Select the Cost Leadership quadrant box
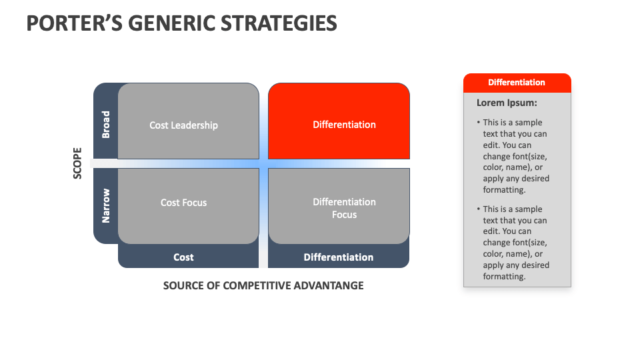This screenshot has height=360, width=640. click(x=188, y=121)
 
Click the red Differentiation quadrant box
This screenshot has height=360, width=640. click(x=339, y=121)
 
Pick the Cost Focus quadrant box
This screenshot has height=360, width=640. click(x=188, y=205)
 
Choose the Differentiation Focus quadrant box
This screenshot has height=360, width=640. click(x=339, y=205)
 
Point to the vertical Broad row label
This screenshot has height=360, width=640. click(x=105, y=125)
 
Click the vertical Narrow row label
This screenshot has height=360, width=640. click(x=105, y=205)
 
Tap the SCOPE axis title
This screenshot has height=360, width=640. click(x=77, y=163)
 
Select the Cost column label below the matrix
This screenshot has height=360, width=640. click(x=183, y=257)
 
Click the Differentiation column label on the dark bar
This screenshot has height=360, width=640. click(x=339, y=257)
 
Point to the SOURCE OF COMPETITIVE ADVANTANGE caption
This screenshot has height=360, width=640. click(x=263, y=285)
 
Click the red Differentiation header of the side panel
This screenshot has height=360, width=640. click(x=517, y=83)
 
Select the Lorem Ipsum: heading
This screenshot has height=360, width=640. click(x=507, y=103)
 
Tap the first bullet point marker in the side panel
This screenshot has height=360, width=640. click(x=479, y=123)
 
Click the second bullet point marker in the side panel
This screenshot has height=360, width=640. click(x=479, y=209)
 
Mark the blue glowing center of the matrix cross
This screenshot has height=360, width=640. click(x=263, y=163)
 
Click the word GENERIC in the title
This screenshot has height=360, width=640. click(x=175, y=23)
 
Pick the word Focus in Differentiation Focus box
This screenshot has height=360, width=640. click(x=345, y=215)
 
